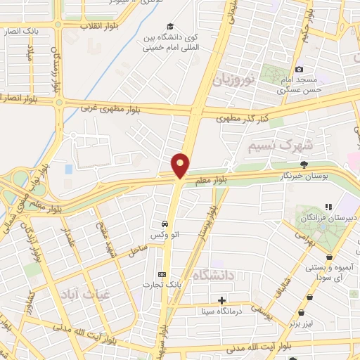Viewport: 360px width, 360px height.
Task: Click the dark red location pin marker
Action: (x=181, y=165)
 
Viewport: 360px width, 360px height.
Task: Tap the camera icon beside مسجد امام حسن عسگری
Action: (x=299, y=69)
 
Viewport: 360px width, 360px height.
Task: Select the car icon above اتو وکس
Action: (x=164, y=223)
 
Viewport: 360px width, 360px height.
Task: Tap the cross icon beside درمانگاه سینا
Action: (x=222, y=300)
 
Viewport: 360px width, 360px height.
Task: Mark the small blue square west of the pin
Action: (x=68, y=169)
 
